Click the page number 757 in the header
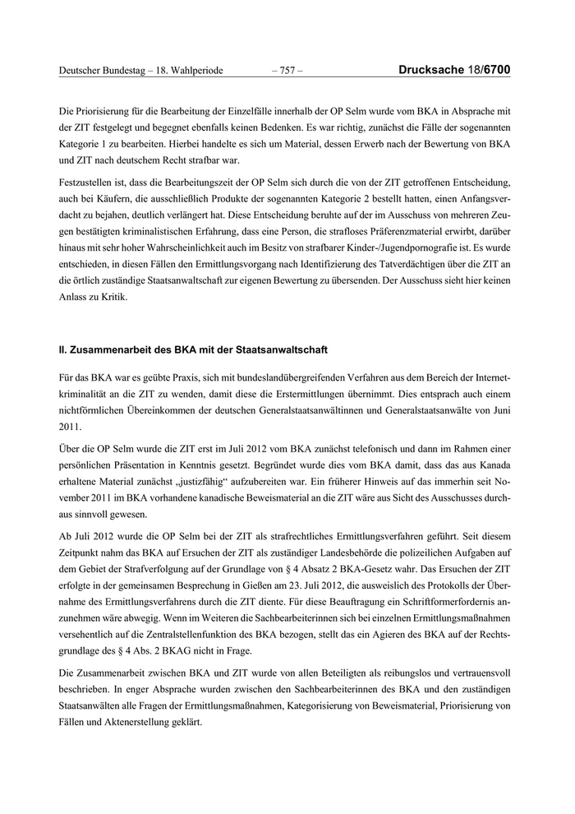click(287, 71)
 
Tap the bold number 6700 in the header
click(496, 71)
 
